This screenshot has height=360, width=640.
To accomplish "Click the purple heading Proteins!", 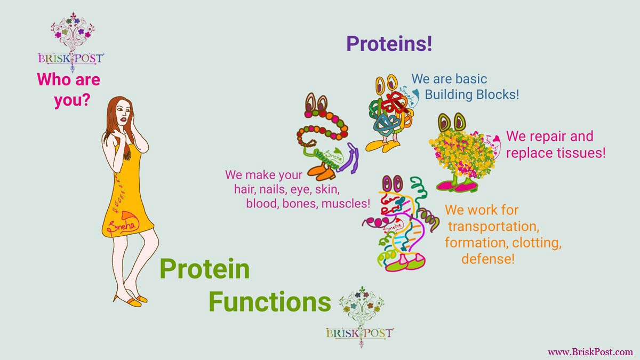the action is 389,44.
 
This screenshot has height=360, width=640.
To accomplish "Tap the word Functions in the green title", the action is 270,302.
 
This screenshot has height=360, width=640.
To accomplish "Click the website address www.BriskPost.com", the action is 590,351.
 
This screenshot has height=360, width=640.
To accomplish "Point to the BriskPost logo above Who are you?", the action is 71,42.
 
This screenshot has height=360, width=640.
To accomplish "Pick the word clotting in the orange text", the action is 537,243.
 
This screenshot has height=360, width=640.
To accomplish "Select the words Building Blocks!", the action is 471,94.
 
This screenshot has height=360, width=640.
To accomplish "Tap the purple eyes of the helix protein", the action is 393,183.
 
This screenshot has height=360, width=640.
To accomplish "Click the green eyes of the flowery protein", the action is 452,122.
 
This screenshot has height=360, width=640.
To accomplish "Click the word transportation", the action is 493,227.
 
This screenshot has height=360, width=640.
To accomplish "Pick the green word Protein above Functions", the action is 205,269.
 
